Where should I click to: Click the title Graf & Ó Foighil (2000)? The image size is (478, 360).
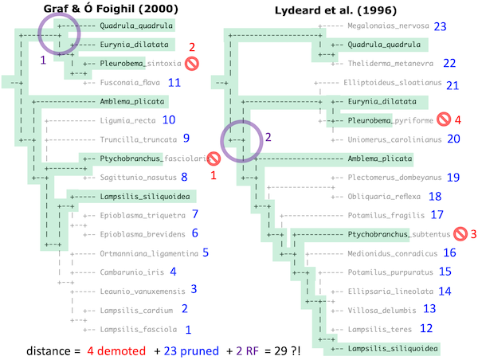(103, 10)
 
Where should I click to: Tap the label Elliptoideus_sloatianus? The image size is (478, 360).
(392, 83)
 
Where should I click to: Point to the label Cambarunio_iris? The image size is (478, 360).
(131, 272)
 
